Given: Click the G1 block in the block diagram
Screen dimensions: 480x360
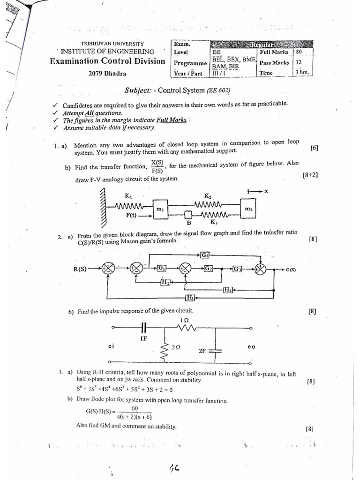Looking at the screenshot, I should pyautogui.click(x=161, y=268).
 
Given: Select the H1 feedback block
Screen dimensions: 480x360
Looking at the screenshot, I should pyautogui.click(x=190, y=298).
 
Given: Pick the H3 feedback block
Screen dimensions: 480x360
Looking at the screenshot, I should pyautogui.click(x=228, y=290).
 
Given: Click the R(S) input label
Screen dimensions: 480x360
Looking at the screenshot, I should pyautogui.click(x=83, y=269).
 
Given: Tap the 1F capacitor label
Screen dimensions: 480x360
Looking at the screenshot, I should pyautogui.click(x=143, y=337).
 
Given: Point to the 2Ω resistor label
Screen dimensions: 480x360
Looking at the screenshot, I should pyautogui.click(x=177, y=348).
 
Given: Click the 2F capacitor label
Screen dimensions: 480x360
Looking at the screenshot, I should pyautogui.click(x=202, y=350).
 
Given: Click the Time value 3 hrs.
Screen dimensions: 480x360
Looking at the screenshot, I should pyautogui.click(x=301, y=73).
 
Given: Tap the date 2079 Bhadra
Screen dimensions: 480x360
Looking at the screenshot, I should pyautogui.click(x=107, y=73).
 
